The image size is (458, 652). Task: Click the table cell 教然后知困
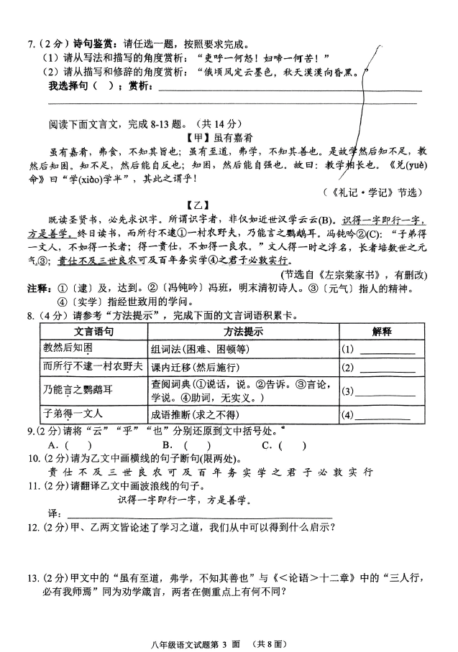68,348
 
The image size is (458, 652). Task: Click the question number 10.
35,458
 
